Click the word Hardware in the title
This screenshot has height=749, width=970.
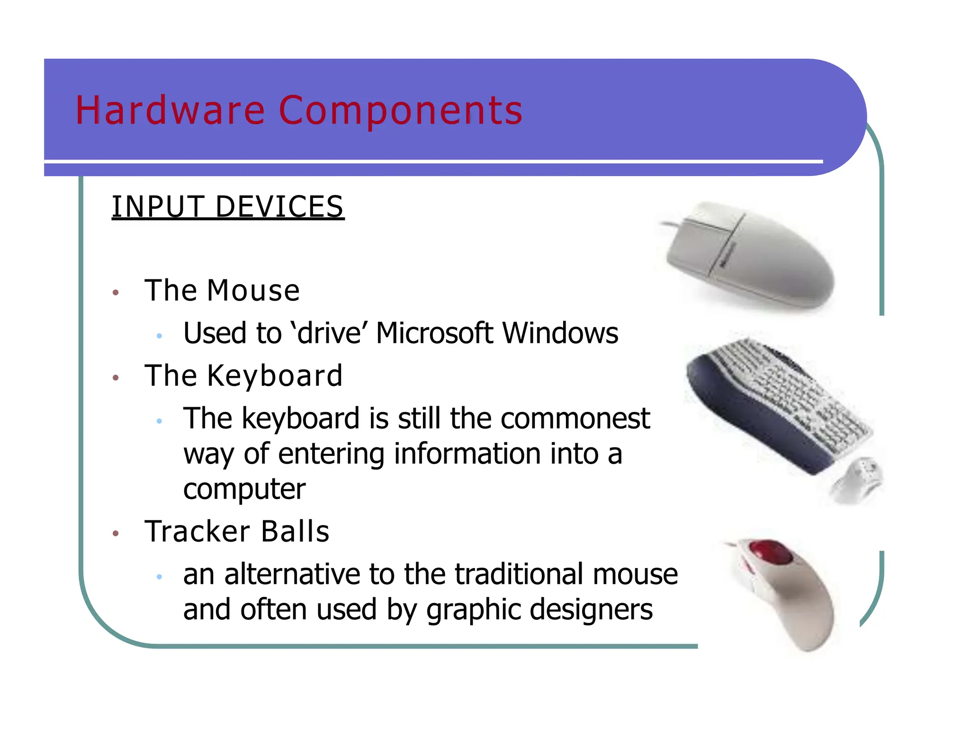tap(170, 110)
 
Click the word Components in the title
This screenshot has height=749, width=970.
tap(401, 110)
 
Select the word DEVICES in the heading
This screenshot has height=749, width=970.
tap(279, 207)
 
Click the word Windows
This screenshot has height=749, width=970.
tap(560, 333)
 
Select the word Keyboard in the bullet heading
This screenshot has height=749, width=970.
tap(275, 376)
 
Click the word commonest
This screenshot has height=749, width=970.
tap(575, 419)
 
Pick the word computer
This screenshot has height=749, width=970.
tap(244, 489)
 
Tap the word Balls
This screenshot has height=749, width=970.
tap(295, 531)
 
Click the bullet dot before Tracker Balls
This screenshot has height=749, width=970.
tap(116, 534)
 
